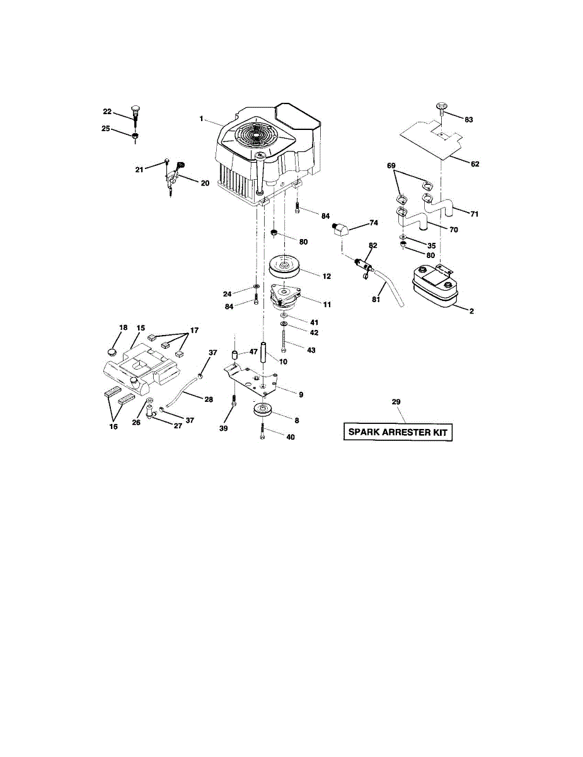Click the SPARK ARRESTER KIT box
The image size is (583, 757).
tap(398, 433)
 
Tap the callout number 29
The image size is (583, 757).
tap(396, 402)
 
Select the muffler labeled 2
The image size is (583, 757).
tap(434, 290)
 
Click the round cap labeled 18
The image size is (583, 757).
tap(113, 351)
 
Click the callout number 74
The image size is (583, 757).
tap(374, 223)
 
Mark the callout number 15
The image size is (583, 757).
tap(141, 328)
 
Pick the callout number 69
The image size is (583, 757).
tap(391, 165)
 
